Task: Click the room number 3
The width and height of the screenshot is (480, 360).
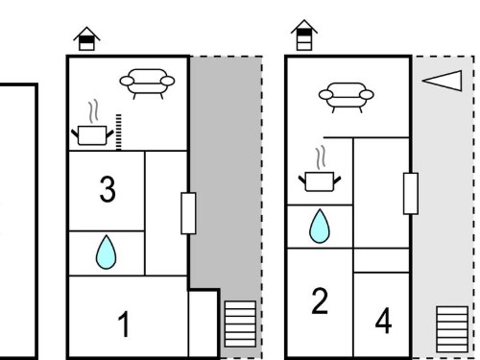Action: pyautogui.click(x=108, y=189)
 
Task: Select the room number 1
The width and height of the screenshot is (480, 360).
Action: pyautogui.click(x=124, y=324)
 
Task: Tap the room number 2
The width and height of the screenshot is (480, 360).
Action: pyautogui.click(x=320, y=300)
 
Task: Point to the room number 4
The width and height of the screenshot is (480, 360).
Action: pyautogui.click(x=383, y=321)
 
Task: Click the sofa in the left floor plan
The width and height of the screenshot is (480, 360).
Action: pyautogui.click(x=147, y=84)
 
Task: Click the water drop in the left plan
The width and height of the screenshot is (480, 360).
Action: pyautogui.click(x=106, y=252)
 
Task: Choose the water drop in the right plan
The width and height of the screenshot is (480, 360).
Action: pyautogui.click(x=320, y=227)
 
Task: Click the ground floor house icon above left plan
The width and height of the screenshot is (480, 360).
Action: pyautogui.click(x=86, y=38)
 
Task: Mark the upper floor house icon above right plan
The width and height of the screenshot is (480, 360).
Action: pyautogui.click(x=304, y=36)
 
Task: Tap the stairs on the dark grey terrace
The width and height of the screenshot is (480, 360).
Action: pyautogui.click(x=240, y=324)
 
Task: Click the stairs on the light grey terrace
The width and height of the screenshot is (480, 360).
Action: pyautogui.click(x=452, y=329)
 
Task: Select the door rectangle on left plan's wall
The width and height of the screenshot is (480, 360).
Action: pyautogui.click(x=188, y=213)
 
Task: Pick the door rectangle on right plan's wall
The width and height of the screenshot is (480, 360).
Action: pyautogui.click(x=411, y=193)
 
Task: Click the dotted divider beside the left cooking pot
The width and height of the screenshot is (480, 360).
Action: pyautogui.click(x=119, y=132)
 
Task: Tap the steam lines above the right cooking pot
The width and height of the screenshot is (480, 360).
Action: pyautogui.click(x=321, y=157)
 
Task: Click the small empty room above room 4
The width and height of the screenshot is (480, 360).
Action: pyautogui.click(x=381, y=260)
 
